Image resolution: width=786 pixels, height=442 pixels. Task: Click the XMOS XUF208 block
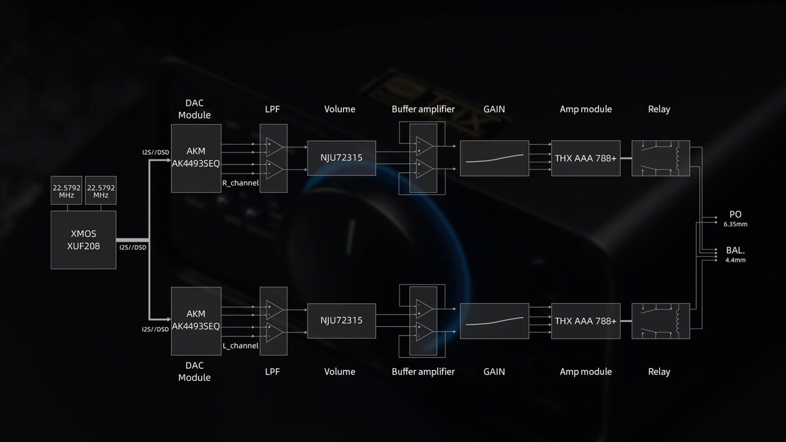pos(83,240)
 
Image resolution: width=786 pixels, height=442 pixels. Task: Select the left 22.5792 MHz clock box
pos(66,190)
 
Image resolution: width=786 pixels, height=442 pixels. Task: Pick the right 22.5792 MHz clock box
pos(101,190)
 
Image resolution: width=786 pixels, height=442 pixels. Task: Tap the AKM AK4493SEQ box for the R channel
pos(196,158)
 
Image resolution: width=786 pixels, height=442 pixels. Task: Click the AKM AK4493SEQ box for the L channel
pos(196,321)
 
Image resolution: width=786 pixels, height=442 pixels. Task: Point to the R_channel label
pos(241,183)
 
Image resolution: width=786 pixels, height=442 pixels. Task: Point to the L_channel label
pos(241,346)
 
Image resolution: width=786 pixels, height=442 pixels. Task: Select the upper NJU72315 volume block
pos(342,158)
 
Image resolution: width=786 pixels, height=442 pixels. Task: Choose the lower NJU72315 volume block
pos(342,321)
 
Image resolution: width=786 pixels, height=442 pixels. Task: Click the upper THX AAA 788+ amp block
pos(586,158)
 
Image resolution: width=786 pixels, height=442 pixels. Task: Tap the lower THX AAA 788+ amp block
pos(586,321)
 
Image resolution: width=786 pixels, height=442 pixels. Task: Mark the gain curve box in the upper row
pos(494,158)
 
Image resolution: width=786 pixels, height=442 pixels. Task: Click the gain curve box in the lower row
pos(494,321)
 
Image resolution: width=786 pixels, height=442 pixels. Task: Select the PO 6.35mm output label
pos(735,218)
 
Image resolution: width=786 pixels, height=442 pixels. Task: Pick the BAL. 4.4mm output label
pos(735,254)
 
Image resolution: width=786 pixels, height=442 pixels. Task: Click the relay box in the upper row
pos(661,158)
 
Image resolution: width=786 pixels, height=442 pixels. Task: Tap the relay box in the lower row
pos(661,321)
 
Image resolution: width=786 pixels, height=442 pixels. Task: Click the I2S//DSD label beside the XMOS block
pos(133,247)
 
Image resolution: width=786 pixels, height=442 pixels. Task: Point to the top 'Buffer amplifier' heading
pos(423,109)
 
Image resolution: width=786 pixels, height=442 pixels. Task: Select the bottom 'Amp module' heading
pos(586,371)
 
